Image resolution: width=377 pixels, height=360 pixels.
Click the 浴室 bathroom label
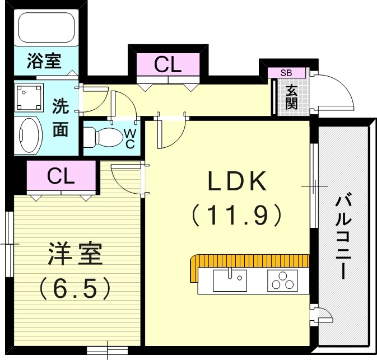(x=44, y=60)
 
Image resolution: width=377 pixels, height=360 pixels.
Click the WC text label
(x=129, y=138)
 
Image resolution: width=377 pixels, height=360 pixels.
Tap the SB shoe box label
(x=286, y=73)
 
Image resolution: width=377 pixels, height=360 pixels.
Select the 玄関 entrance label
(x=291, y=96)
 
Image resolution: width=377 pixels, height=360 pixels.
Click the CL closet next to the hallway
(x=169, y=66)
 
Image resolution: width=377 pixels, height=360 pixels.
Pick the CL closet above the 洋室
(x=61, y=176)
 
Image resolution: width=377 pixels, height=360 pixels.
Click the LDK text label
(x=236, y=181)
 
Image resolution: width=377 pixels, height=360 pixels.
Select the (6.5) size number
(x=75, y=288)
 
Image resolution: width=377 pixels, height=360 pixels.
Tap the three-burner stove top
(x=282, y=280)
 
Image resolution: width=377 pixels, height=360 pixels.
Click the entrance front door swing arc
(x=336, y=92)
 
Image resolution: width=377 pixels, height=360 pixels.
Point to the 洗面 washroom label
(x=60, y=118)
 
